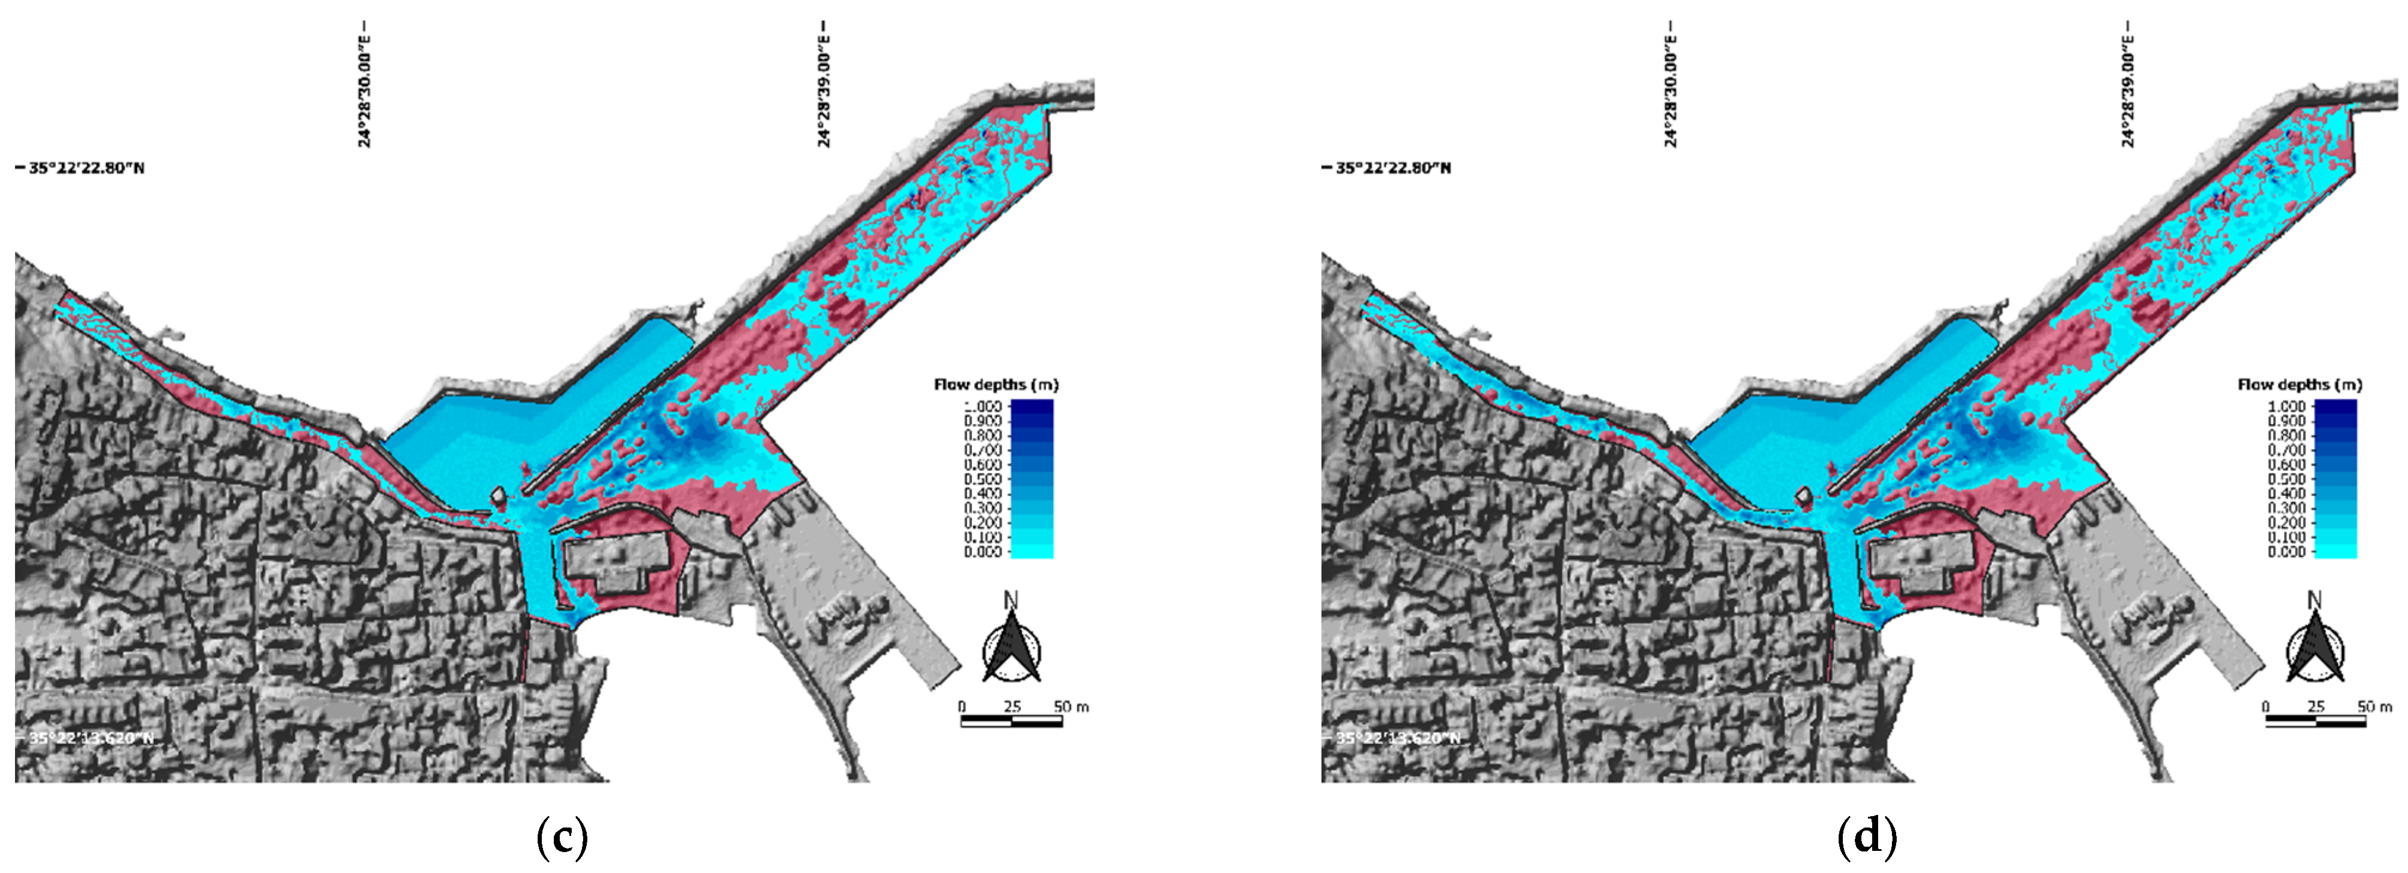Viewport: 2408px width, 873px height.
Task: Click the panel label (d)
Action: [x=1867, y=838]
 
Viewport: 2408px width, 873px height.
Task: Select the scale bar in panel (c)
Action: [x=1011, y=720]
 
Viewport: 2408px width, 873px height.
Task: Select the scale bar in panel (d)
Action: [x=2315, y=720]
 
